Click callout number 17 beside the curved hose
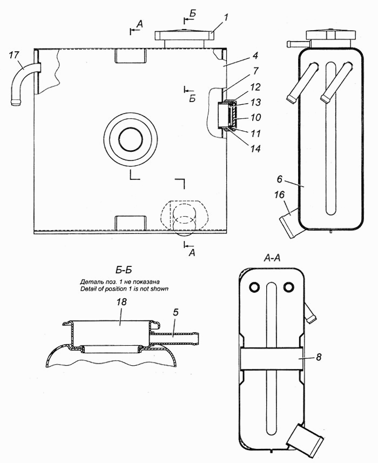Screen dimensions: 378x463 coord(14,55)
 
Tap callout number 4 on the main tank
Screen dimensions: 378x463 coord(255,56)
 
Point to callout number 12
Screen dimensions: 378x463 coord(256,87)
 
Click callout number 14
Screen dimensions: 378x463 coord(255,149)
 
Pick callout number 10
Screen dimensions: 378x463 coord(256,117)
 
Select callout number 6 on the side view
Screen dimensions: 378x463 coord(280,179)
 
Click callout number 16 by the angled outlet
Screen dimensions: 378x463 coord(279,195)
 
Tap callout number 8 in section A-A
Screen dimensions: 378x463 coord(319,357)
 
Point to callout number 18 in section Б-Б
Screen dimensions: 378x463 coord(122,302)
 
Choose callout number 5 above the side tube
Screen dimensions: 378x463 coord(175,312)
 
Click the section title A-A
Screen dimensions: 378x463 coord(272,259)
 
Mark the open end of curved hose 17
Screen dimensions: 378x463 coord(16,103)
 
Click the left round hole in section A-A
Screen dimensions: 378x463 coord(254,286)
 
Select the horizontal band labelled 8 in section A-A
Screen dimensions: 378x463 coord(272,358)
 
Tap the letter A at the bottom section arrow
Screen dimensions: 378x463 coord(192,252)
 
